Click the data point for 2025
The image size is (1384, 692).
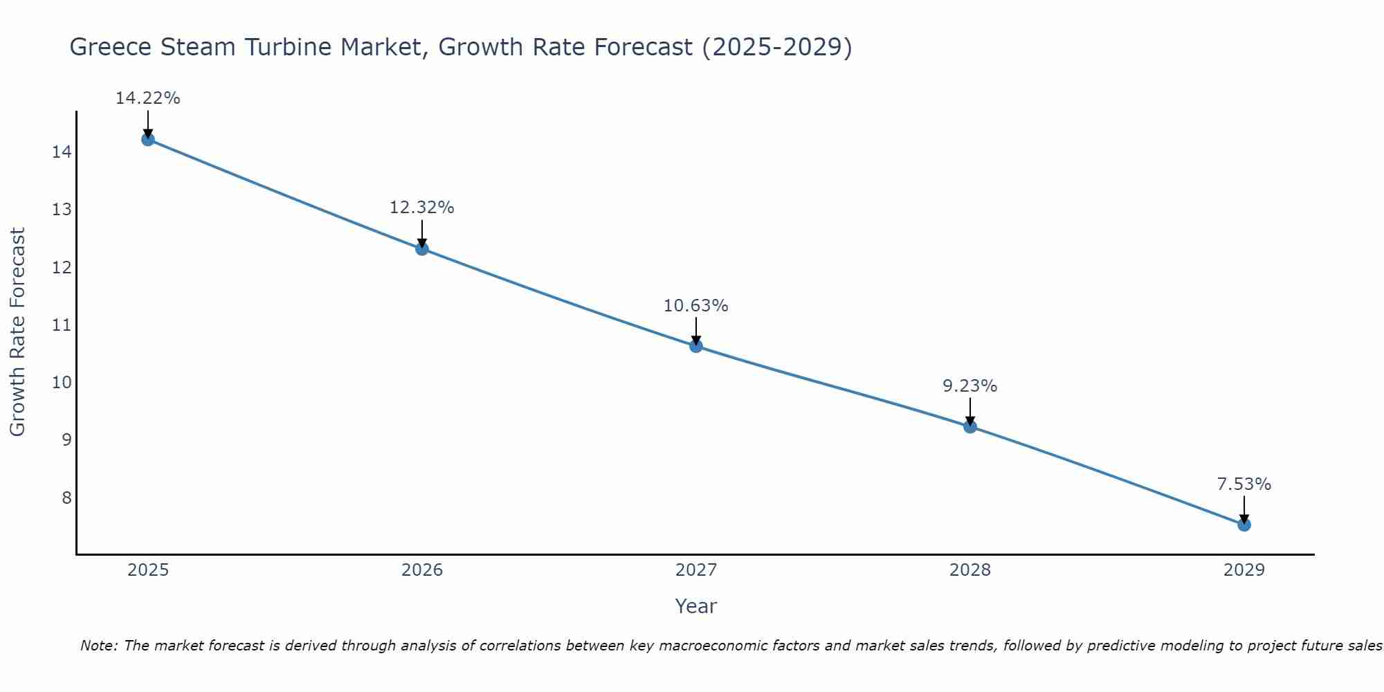tap(147, 139)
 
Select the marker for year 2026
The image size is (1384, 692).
tap(422, 248)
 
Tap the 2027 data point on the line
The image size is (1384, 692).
tap(696, 346)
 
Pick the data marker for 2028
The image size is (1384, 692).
tap(970, 426)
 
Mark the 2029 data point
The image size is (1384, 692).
tap(1244, 525)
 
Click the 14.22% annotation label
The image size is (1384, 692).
tap(147, 98)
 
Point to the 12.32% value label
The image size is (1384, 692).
tap(422, 208)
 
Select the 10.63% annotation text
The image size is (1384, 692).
tap(696, 306)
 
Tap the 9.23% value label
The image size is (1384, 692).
tap(970, 386)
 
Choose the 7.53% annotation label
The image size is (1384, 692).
tap(1244, 484)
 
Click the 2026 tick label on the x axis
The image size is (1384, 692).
tap(422, 570)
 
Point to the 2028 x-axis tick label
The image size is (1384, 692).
tap(970, 570)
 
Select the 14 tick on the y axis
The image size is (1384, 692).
tap(62, 152)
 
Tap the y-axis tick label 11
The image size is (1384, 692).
tap(62, 325)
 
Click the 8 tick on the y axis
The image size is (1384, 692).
tap(66, 498)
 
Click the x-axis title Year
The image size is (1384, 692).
tap(696, 606)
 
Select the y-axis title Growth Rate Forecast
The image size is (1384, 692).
tap(17, 332)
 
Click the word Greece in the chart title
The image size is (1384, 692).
tap(111, 47)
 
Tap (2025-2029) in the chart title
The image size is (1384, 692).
tap(776, 47)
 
